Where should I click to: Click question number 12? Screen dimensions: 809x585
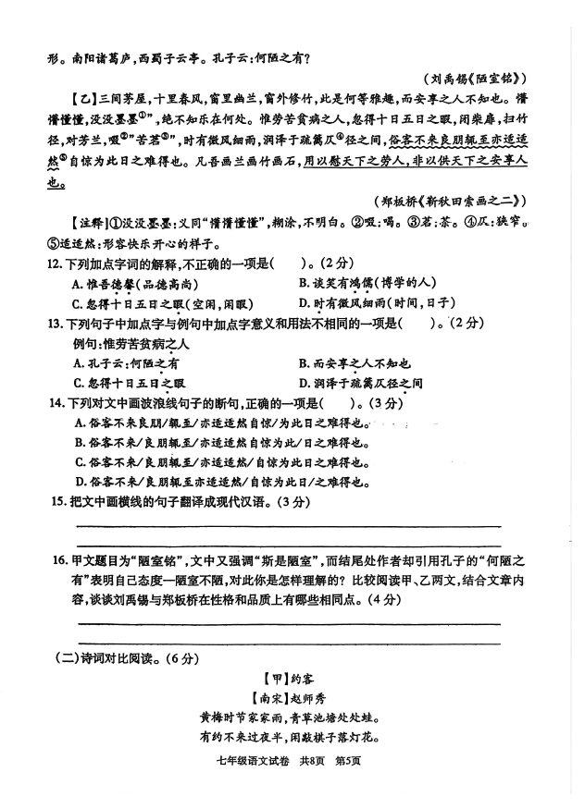point(55,264)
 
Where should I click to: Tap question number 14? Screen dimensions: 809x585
point(55,403)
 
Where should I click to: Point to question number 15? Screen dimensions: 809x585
point(55,502)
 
